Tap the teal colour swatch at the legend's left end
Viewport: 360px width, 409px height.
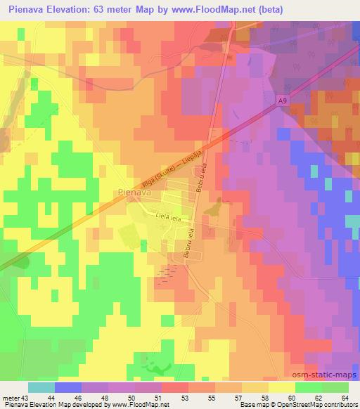tap(41, 388)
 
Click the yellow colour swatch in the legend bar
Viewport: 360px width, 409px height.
tap(282, 388)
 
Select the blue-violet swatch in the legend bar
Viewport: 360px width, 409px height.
tap(68, 388)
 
